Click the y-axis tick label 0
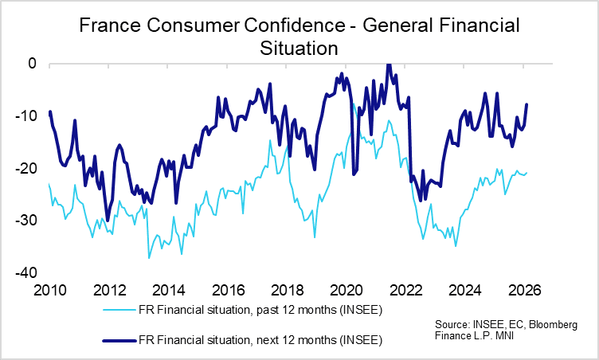[x=33, y=63]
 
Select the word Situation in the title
[x=299, y=48]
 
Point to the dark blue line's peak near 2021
[x=388, y=64]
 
